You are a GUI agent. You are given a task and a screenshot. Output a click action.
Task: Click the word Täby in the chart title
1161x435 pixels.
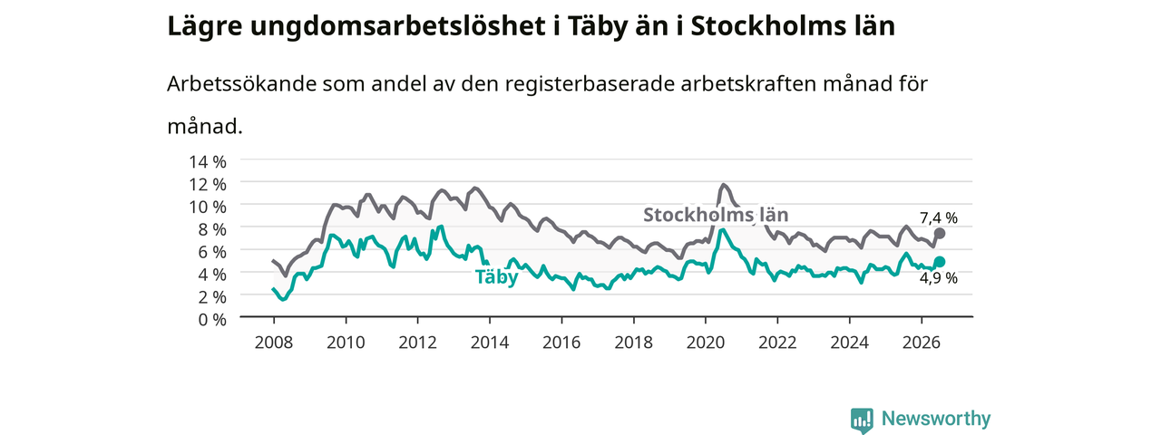coord(598,26)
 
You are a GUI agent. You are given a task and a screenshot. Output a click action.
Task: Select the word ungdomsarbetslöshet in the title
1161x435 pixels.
coord(398,27)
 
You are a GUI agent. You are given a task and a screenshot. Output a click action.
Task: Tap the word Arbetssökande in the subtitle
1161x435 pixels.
coord(241,83)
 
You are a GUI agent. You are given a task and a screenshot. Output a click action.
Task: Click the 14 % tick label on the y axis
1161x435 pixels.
coord(208,161)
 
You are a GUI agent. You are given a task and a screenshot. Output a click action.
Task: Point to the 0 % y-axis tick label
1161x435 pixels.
coord(212,319)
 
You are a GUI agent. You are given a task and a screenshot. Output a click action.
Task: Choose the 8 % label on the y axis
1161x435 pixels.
coord(212,229)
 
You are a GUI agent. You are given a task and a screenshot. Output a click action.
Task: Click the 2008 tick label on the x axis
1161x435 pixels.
coord(274,343)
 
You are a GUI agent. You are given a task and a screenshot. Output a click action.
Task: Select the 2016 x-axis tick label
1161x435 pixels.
coord(561,343)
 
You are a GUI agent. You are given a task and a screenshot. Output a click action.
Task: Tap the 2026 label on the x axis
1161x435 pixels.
coord(922,343)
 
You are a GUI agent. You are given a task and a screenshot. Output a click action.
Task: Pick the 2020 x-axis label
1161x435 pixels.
coord(706,343)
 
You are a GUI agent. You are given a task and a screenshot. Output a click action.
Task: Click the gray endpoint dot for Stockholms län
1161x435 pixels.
coord(939,234)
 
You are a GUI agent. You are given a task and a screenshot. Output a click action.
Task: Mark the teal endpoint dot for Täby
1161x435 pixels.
coord(939,262)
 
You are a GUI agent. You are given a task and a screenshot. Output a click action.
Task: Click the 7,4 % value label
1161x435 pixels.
coord(939,218)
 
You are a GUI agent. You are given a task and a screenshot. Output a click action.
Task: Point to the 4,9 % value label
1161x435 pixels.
coord(939,278)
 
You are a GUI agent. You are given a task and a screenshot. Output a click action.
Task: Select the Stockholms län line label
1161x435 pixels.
coord(716,215)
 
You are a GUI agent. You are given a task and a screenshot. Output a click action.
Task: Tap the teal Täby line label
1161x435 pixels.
coord(496,277)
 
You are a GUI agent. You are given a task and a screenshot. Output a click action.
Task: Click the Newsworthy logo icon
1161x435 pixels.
coord(862,420)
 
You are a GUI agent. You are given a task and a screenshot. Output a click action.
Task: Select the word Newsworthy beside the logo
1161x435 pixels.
coord(936,418)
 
